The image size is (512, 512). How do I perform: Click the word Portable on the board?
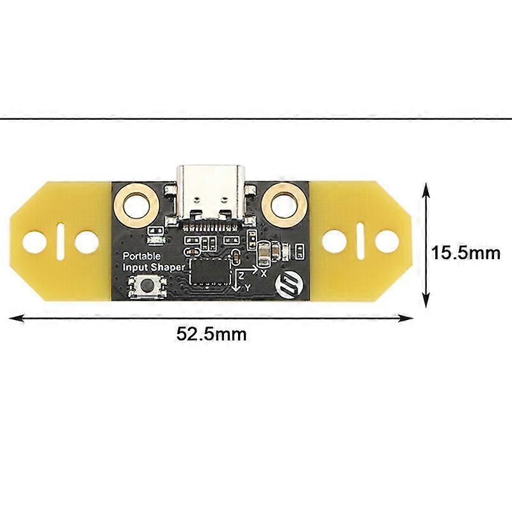tap(141, 255)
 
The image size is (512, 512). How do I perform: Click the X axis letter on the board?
tap(264, 272)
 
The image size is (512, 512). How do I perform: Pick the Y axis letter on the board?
tap(248, 288)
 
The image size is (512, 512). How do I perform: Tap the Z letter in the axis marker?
tap(241, 274)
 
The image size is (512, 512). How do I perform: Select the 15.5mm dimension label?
tap(465, 253)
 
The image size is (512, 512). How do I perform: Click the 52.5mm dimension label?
tap(212, 333)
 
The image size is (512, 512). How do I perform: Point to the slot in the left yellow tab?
tap(60, 241)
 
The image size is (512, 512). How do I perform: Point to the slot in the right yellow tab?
tap(360, 241)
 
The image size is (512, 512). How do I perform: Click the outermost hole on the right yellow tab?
tap(386, 241)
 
